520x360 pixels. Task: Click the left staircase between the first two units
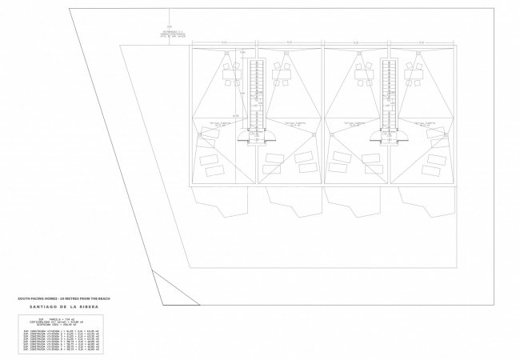(257, 92)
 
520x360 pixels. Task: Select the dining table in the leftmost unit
(233, 77)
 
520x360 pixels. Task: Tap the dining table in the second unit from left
(281, 77)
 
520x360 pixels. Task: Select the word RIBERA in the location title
(90, 306)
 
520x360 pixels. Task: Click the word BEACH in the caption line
(104, 298)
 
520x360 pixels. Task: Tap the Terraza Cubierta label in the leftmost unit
(221, 124)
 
